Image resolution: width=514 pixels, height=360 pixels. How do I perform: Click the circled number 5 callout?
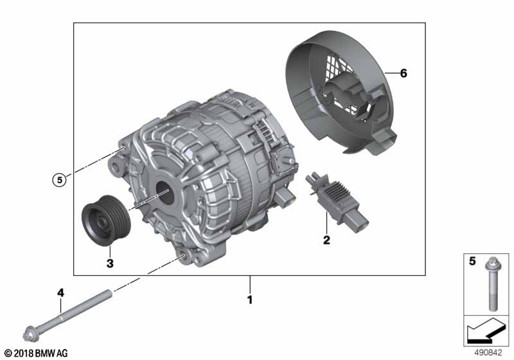point(59,180)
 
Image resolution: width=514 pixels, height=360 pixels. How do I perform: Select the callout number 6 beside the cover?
point(403,73)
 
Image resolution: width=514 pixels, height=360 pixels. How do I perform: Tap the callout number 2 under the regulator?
point(326,240)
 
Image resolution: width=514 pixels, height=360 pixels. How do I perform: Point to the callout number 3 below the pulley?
point(110,264)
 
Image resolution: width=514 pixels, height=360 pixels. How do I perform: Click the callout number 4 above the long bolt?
point(61,292)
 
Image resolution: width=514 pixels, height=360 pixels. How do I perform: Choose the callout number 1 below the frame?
point(250,300)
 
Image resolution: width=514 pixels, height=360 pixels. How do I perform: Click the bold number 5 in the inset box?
point(472,261)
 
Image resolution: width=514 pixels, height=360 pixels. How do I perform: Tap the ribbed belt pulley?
point(106,221)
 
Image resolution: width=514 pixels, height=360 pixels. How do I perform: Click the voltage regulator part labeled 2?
point(337,201)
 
